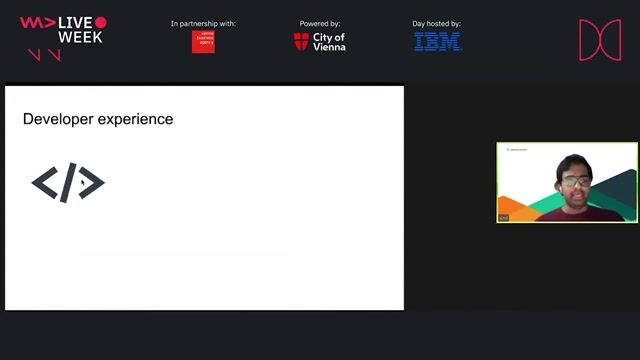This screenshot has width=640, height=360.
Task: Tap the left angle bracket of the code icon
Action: (x=45, y=182)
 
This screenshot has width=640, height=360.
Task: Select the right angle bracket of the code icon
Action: (x=92, y=182)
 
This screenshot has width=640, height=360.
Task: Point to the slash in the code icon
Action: (x=68, y=183)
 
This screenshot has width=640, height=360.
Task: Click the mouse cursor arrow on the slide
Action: (x=83, y=183)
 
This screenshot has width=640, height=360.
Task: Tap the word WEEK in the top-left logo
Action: (x=81, y=38)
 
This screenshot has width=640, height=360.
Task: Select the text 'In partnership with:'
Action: (x=203, y=23)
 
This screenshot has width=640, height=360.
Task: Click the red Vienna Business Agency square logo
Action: (x=203, y=42)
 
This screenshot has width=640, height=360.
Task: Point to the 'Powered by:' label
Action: (x=319, y=23)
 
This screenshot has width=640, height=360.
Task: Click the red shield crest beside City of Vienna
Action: (x=301, y=42)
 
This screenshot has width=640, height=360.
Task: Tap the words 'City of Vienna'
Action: (x=329, y=42)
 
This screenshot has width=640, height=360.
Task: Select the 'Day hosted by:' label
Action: (x=436, y=23)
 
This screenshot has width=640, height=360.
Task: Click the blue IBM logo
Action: (x=437, y=42)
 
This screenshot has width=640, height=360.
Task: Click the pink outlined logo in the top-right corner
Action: (x=600, y=39)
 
